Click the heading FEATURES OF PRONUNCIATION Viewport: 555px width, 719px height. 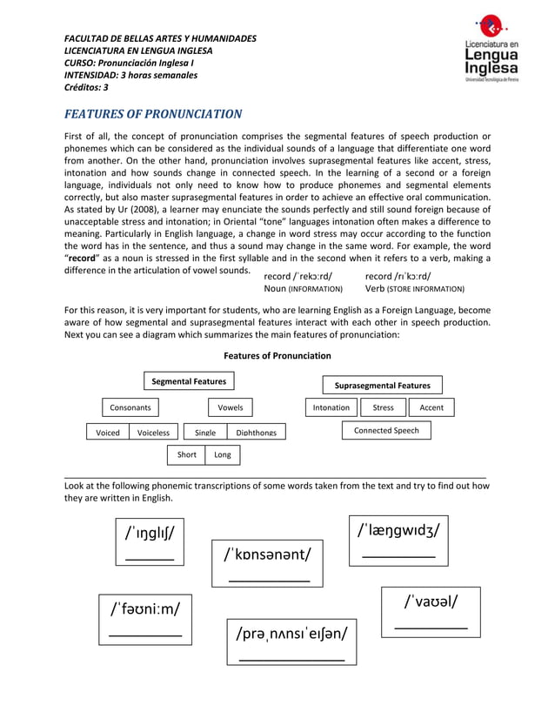pos(154,114)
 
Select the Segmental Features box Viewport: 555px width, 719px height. pos(189,381)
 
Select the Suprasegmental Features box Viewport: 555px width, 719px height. pos(383,386)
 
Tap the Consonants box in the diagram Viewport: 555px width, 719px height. pos(130,407)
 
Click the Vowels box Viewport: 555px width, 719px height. pos(230,407)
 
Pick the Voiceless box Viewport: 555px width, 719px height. pos(153,433)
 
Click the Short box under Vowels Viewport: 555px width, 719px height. pos(186,454)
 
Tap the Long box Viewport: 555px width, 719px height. pos(223,454)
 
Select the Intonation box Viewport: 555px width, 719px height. pos(331,407)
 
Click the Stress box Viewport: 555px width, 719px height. pos(383,407)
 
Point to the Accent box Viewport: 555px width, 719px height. pos(431,407)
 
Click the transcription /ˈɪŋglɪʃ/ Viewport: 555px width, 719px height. pos(149,533)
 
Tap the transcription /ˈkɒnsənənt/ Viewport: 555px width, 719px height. pos(267,554)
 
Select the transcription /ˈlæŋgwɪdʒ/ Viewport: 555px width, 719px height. pos(398,529)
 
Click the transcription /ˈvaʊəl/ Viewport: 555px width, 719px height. pos(430,601)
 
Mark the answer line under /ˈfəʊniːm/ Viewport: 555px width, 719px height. pos(144,638)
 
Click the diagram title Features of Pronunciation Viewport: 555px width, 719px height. pos(277,355)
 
